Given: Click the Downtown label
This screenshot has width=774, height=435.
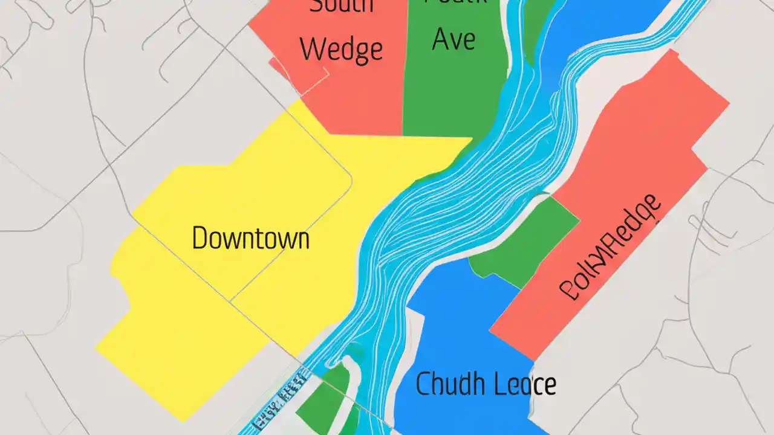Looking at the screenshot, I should coord(250,238).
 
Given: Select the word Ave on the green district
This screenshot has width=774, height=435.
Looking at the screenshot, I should coord(454,39).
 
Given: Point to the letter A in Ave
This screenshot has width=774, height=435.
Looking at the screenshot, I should coord(440,39).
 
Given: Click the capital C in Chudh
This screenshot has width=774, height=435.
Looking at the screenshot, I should coord(423,384).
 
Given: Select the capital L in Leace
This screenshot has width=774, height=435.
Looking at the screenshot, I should coord(500,384).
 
